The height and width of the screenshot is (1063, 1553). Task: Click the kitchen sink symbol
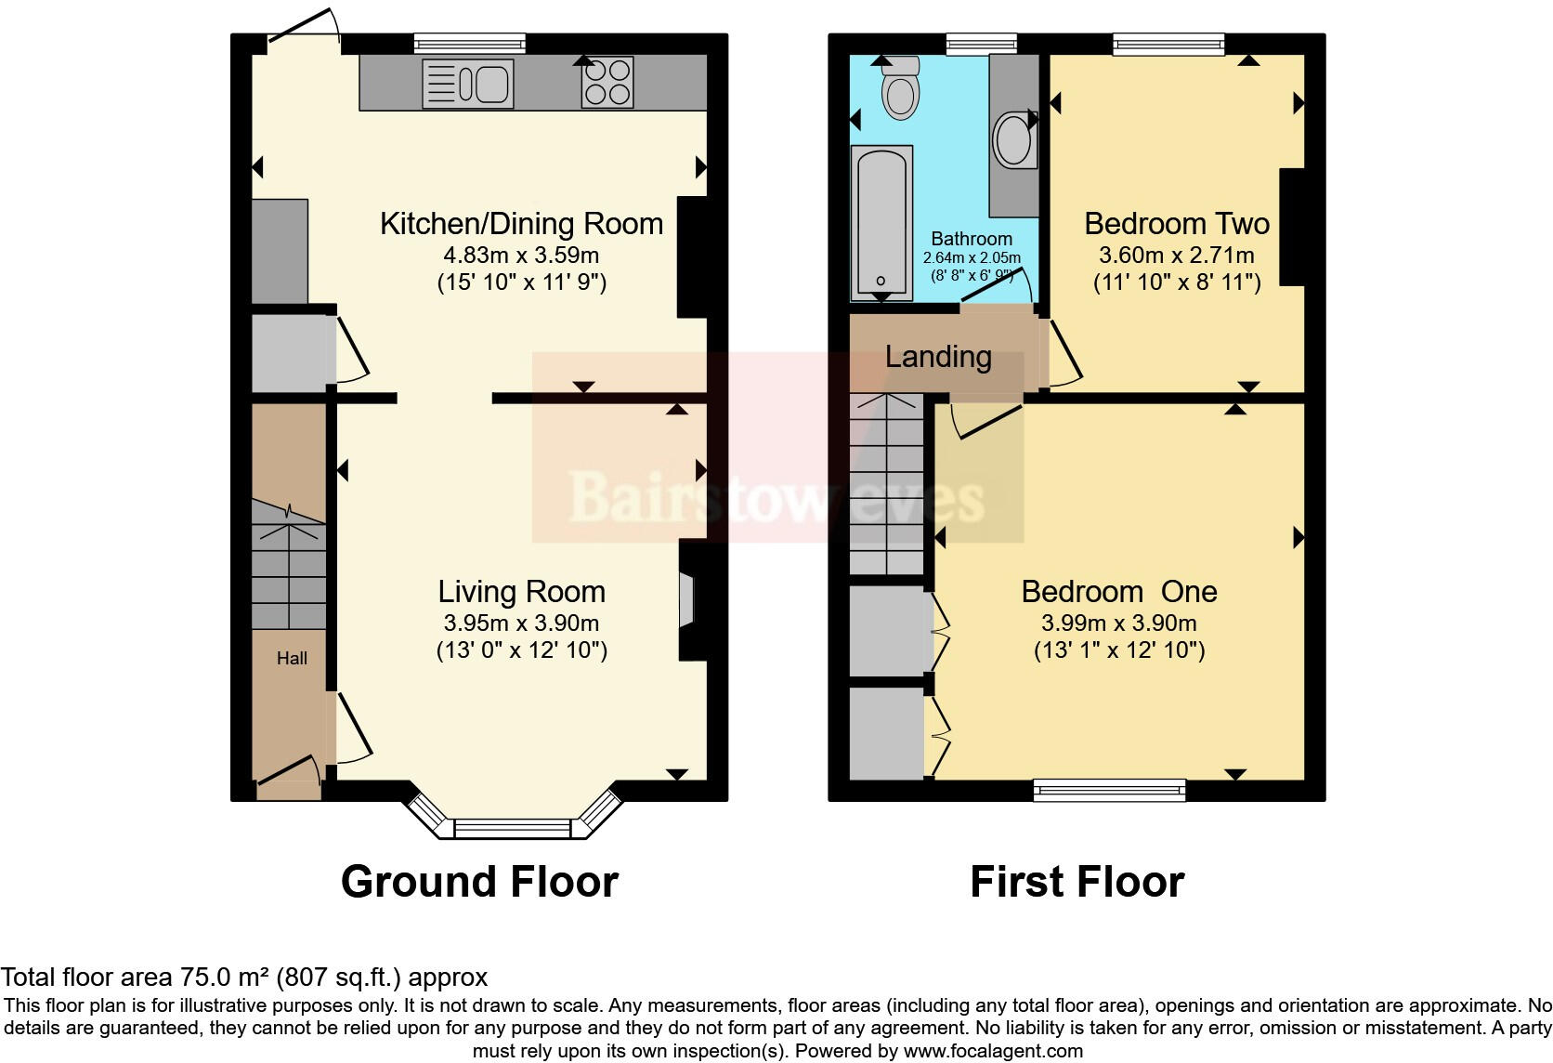point(467,84)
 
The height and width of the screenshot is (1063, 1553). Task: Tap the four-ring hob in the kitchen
point(607,83)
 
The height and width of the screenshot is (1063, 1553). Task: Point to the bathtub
point(881,222)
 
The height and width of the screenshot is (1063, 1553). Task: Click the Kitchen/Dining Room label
point(521,224)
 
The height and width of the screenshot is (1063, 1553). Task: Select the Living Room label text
point(521,592)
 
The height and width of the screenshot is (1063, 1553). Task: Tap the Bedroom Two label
point(1176,224)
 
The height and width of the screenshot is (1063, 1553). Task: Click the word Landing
point(938,357)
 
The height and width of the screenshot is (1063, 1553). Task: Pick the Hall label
point(292,658)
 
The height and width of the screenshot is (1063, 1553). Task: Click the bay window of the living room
point(512,827)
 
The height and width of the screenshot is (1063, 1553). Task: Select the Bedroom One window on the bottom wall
point(1110,790)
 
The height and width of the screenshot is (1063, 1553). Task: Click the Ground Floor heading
point(479,881)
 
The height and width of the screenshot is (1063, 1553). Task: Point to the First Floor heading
point(1077,881)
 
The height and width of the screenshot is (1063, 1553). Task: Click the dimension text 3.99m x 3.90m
point(1119,623)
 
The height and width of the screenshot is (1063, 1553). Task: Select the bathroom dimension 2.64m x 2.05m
point(972,257)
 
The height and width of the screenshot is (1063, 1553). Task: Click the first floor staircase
point(887,483)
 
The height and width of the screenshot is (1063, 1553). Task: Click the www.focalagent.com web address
point(993,1051)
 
